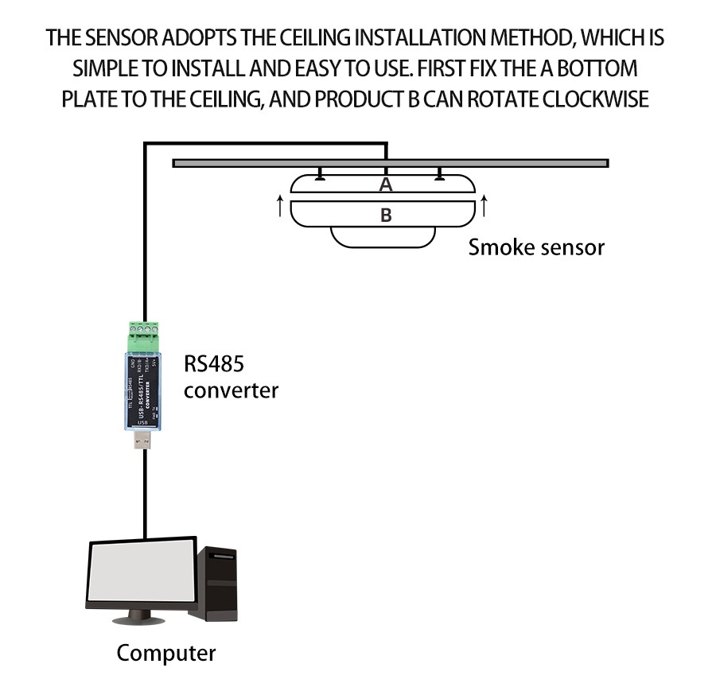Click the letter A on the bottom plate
(x=386, y=184)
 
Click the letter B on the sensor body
(x=386, y=215)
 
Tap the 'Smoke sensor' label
(x=536, y=246)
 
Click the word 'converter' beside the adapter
(x=232, y=390)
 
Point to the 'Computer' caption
(x=165, y=654)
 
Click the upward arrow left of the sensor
(x=280, y=206)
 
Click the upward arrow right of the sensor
(x=484, y=206)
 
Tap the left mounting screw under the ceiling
(x=320, y=174)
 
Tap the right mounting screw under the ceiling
(x=439, y=174)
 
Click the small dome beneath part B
(x=385, y=237)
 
